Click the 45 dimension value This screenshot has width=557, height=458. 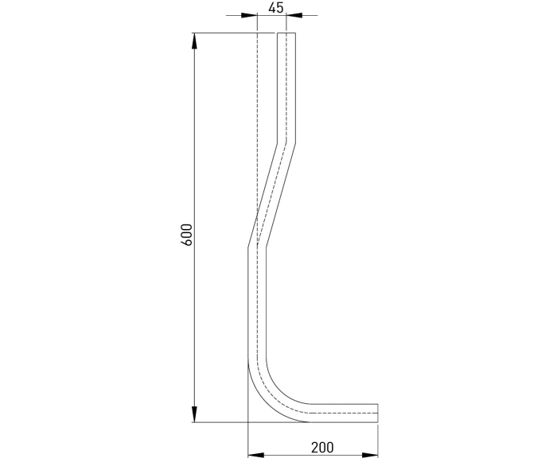pyautogui.click(x=276, y=7)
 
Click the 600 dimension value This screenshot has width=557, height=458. pyautogui.click(x=186, y=235)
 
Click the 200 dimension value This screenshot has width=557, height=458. pyautogui.click(x=322, y=448)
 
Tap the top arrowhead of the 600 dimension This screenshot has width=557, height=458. pyautogui.click(x=194, y=41)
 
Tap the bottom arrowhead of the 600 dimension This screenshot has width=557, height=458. pyautogui.click(x=194, y=414)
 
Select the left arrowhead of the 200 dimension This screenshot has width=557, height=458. pyautogui.click(x=255, y=455)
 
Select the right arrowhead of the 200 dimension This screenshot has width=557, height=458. pyautogui.click(x=370, y=455)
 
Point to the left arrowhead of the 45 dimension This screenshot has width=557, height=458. pyautogui.click(x=248, y=15)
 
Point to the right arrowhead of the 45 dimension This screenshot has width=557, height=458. pyautogui.click(x=294, y=15)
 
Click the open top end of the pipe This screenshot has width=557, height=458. pyautogui.click(x=286, y=33)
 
